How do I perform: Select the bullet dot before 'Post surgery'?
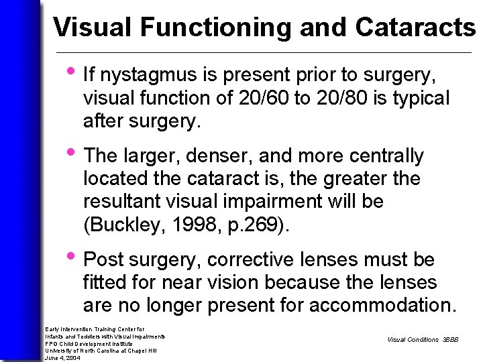click(72, 256)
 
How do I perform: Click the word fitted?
click(104, 282)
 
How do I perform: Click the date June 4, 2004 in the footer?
click(62, 358)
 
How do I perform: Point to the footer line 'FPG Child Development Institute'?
click(89, 343)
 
